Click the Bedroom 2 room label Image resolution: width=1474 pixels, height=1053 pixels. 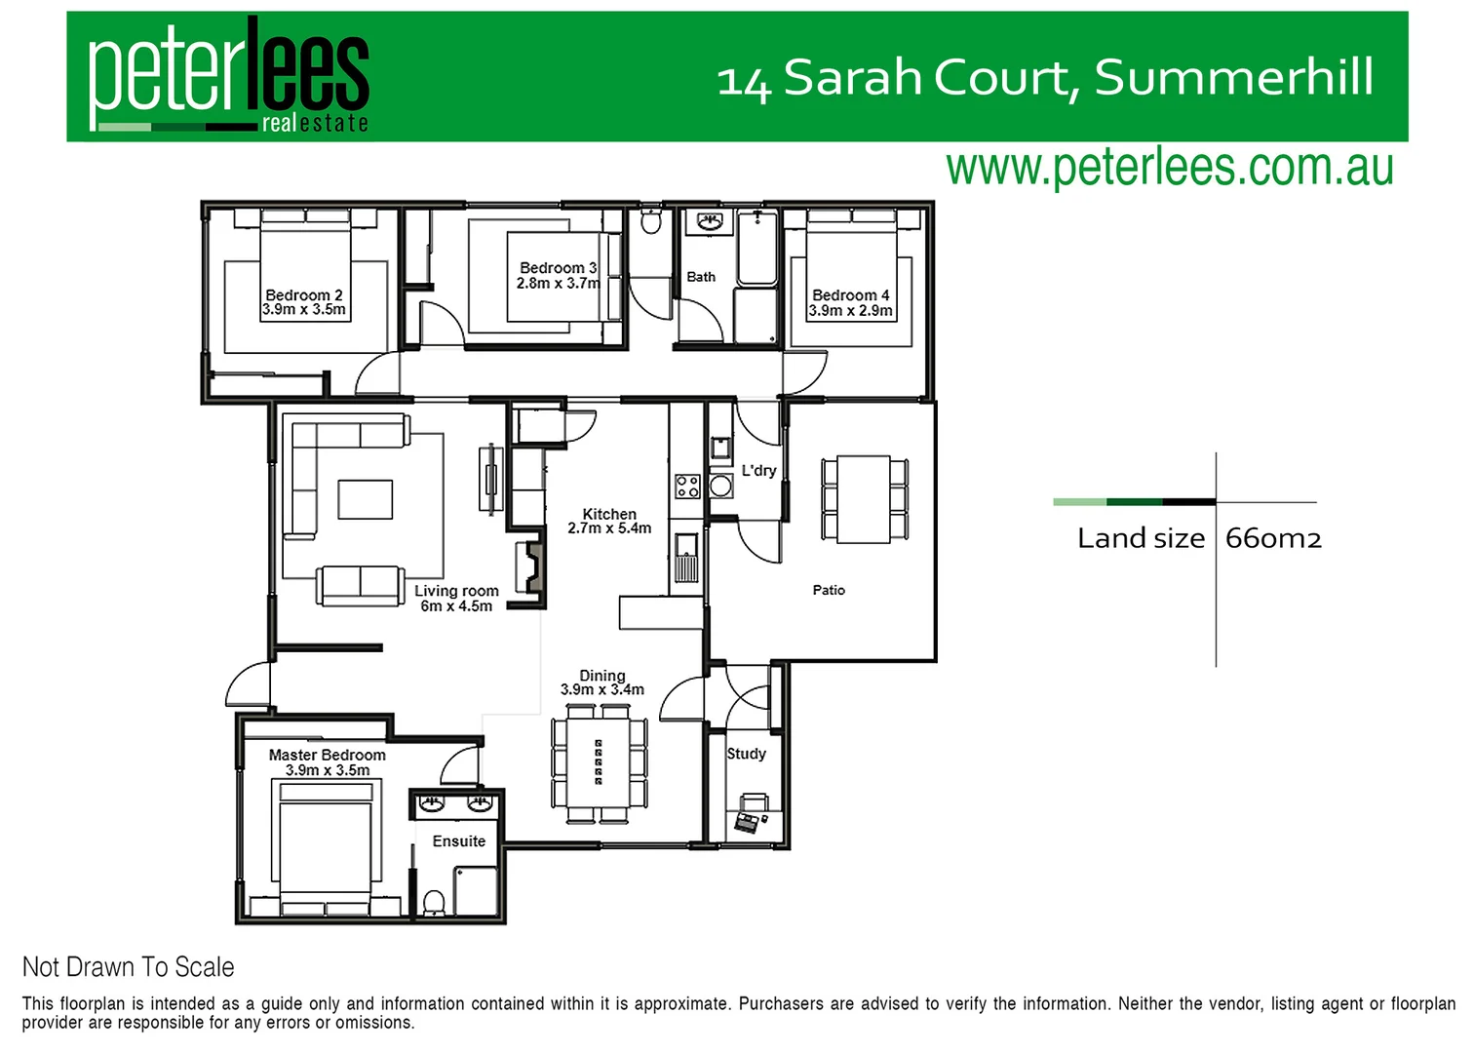point(303,294)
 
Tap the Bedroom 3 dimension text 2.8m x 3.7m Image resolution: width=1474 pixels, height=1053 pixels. point(558,284)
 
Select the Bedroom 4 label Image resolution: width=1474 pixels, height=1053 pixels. point(850,294)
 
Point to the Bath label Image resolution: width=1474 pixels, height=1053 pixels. point(701,277)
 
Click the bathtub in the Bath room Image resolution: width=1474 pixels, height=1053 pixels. point(756,248)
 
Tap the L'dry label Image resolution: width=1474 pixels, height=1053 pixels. point(758,470)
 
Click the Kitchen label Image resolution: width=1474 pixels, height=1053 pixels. point(609,514)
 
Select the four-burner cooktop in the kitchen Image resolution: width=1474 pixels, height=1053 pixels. point(687,486)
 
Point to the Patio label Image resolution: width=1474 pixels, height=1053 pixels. point(829,590)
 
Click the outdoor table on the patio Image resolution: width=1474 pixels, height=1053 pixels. point(864,499)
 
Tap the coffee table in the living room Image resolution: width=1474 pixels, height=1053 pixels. point(365,499)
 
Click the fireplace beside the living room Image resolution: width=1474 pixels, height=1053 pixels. point(531,567)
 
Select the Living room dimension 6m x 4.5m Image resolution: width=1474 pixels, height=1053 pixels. point(456,606)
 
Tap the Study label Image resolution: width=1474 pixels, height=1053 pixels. point(747,754)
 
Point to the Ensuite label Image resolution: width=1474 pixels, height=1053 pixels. point(458,841)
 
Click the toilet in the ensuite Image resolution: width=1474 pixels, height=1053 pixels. point(434,903)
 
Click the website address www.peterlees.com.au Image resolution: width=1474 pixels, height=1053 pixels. point(1169,168)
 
